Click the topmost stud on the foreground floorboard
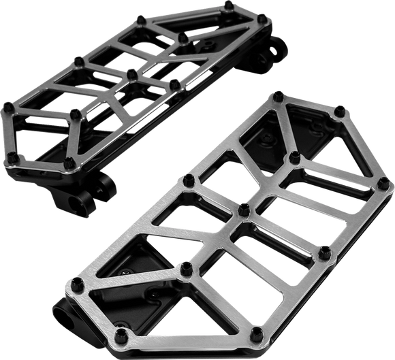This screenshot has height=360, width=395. click(278, 97)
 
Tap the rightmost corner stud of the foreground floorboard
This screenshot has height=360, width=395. click(383, 184)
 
